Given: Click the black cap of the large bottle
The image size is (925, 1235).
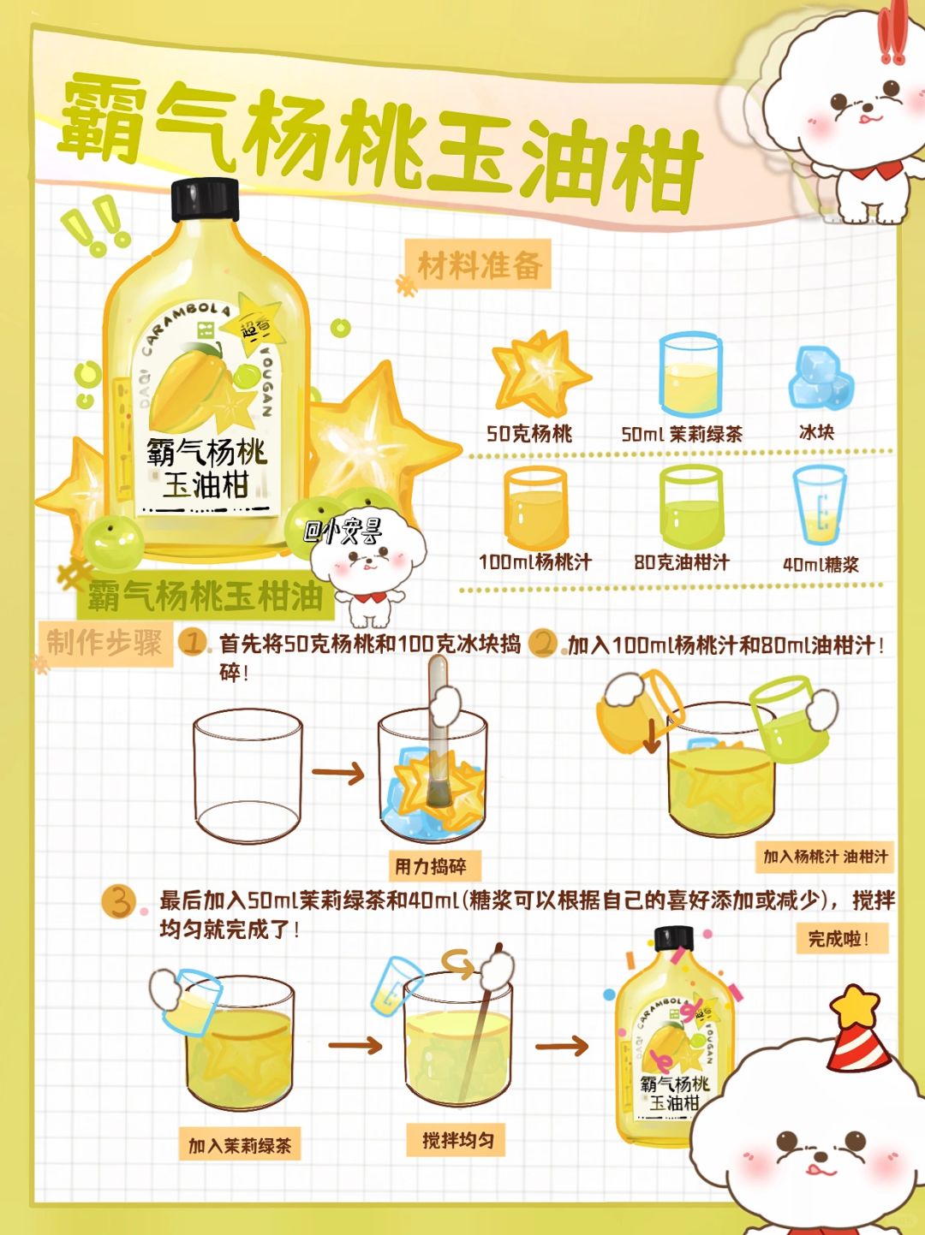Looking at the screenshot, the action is pyautogui.click(x=205, y=199).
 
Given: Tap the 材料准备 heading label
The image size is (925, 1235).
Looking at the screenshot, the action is pyautogui.click(x=480, y=265).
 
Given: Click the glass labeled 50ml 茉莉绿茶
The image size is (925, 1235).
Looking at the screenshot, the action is pyautogui.click(x=691, y=374).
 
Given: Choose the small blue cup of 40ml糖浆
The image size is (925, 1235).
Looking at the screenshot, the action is pyautogui.click(x=819, y=506).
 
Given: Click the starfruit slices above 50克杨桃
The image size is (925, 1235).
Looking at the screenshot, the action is pyautogui.click(x=540, y=372).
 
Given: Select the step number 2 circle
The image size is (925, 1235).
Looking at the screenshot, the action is pyautogui.click(x=543, y=643).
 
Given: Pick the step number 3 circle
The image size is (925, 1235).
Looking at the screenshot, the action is pyautogui.click(x=118, y=901).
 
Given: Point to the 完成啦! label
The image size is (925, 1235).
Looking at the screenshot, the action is pyautogui.click(x=842, y=938).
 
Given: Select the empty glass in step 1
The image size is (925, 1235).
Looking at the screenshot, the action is pyautogui.click(x=247, y=775).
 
